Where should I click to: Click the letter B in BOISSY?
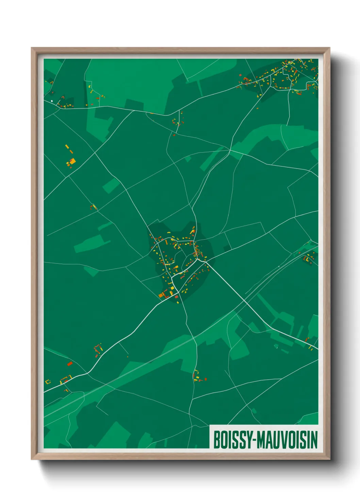click(216, 440)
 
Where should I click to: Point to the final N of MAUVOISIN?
click(314, 440)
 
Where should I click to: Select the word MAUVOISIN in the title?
click(287, 440)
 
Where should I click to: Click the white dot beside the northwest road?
click(52, 101)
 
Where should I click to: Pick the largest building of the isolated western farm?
click(72, 161)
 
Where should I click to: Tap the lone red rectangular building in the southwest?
click(70, 364)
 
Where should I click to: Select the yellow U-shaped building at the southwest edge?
click(47, 381)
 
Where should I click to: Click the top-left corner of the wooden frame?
click(32, 48)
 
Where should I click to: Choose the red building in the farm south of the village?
click(206, 379)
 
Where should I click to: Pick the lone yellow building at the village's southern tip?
click(178, 302)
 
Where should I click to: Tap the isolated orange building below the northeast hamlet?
click(257, 109)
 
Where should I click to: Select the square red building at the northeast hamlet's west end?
click(240, 75)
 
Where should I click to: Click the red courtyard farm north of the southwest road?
click(98, 349)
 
